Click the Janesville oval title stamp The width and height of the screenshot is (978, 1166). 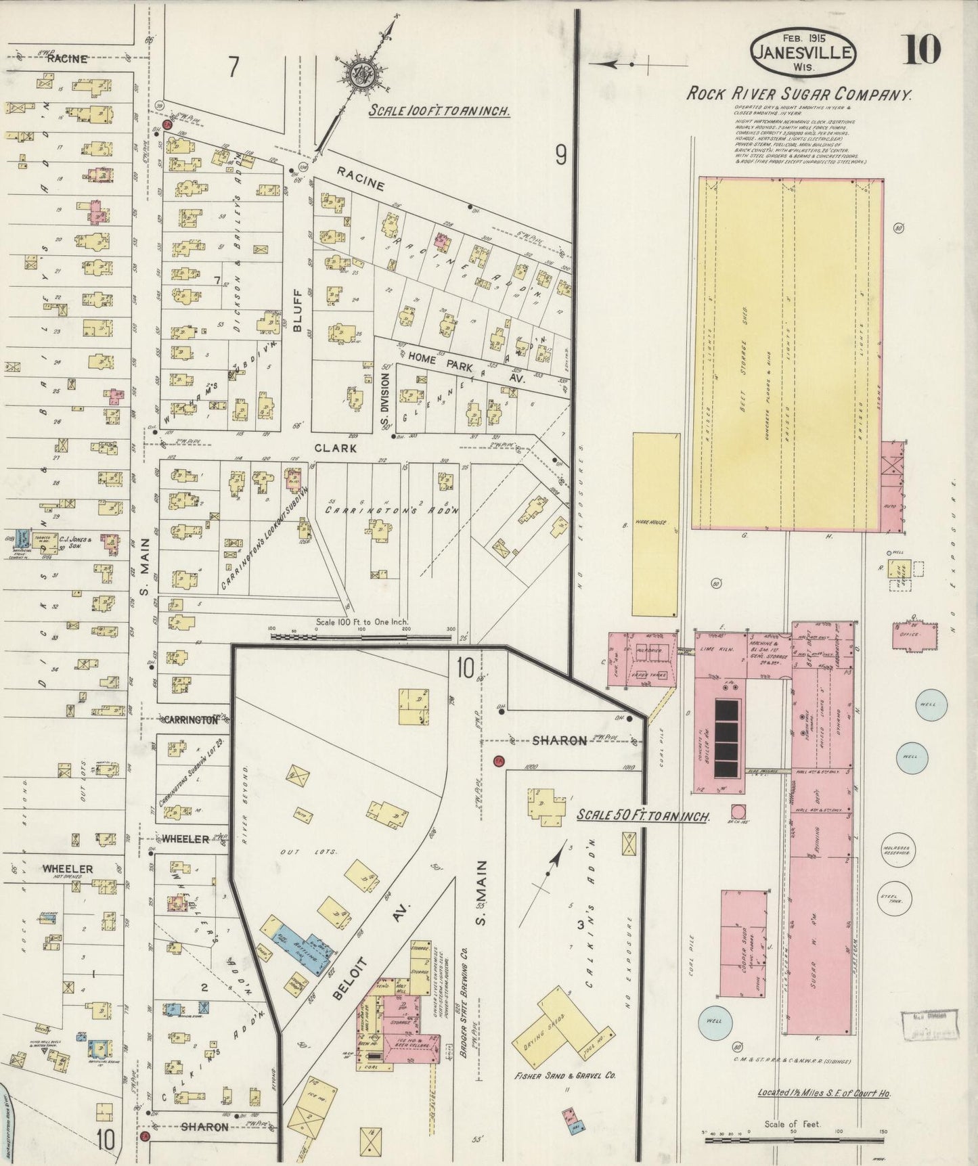[x=803, y=52]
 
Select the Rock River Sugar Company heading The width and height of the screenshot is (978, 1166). [x=799, y=94]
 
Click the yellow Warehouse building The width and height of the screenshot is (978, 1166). [x=656, y=524]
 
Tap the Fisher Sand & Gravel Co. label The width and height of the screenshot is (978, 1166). [x=565, y=1075]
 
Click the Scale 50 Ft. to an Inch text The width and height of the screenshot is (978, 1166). [x=642, y=816]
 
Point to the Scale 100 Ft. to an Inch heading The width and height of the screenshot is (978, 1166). [x=439, y=111]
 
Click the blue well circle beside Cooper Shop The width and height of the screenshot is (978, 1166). [x=715, y=1020]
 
